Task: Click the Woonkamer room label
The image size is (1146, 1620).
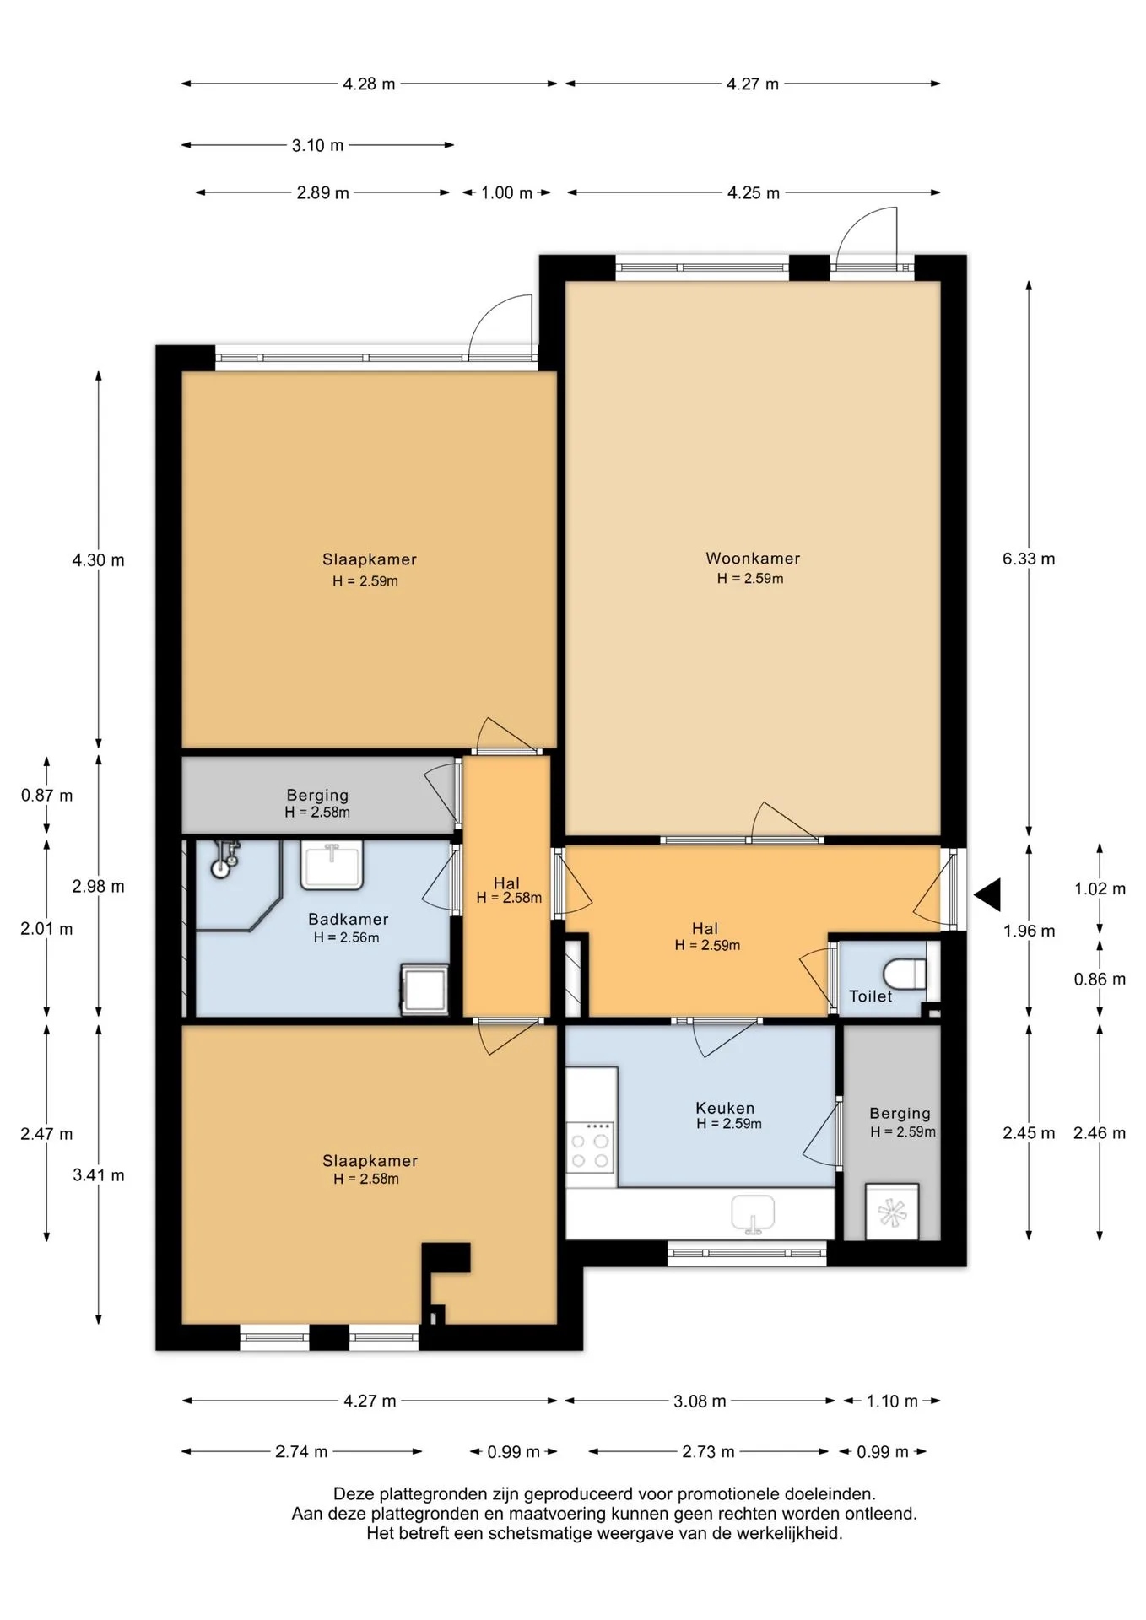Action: (753, 558)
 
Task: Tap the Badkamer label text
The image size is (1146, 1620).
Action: (349, 919)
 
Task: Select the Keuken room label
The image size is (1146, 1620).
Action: (725, 1108)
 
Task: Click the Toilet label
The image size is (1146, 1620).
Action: (871, 996)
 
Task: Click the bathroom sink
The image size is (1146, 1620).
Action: (332, 864)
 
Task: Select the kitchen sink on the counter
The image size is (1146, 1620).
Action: (754, 1213)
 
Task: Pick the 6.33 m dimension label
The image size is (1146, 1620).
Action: (1029, 559)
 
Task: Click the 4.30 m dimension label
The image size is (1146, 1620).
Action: (98, 560)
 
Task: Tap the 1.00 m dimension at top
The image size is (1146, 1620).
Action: (506, 192)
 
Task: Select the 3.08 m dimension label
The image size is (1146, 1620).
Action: (700, 1401)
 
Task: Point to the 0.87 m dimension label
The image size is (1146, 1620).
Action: (47, 795)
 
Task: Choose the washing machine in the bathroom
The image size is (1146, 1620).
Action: (424, 990)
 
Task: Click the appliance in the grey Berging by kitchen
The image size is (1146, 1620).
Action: (892, 1212)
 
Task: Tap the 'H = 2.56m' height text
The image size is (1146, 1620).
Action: (346, 937)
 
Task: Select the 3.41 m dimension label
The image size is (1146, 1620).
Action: (98, 1175)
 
